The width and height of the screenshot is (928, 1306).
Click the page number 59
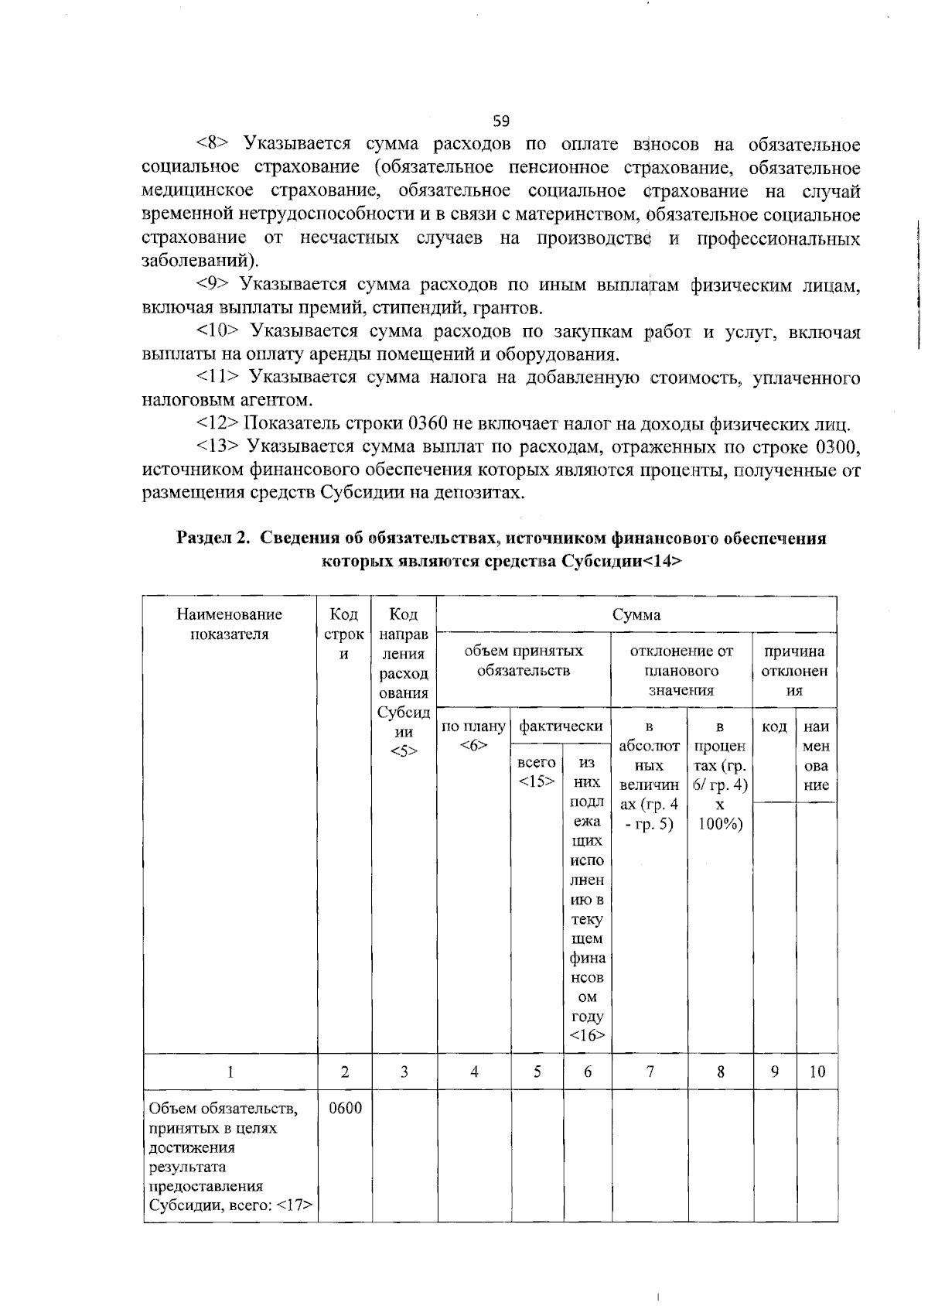501,121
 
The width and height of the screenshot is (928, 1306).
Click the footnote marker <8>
210,144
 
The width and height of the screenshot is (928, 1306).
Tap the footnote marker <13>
215,446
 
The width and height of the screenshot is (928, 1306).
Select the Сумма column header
636,614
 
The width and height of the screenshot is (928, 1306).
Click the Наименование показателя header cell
230,624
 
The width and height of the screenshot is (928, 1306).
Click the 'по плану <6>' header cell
473,735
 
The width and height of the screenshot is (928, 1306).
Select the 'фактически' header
561,726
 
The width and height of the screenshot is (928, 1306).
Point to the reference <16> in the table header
588,1035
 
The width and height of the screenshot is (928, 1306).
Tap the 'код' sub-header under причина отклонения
774,727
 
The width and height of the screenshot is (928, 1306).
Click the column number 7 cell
650,1072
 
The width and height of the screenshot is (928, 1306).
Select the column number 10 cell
817,1072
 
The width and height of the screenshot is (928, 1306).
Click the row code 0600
345,1108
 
